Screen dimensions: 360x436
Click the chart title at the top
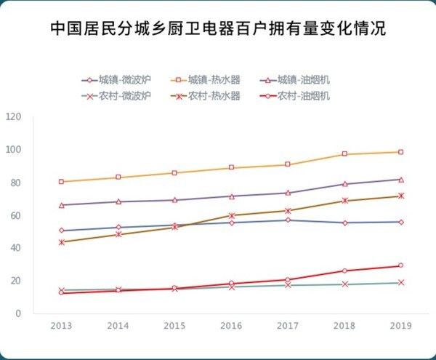218,29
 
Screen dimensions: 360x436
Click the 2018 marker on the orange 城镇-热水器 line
344,154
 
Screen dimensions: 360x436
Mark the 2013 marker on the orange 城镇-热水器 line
61,181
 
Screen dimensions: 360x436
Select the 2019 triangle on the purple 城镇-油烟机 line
400,179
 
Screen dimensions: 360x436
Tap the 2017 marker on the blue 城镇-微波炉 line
287,220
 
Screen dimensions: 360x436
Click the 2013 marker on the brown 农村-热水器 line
61,242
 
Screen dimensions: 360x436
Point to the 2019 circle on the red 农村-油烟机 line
400,265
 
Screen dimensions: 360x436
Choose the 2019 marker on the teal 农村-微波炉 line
400,283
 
